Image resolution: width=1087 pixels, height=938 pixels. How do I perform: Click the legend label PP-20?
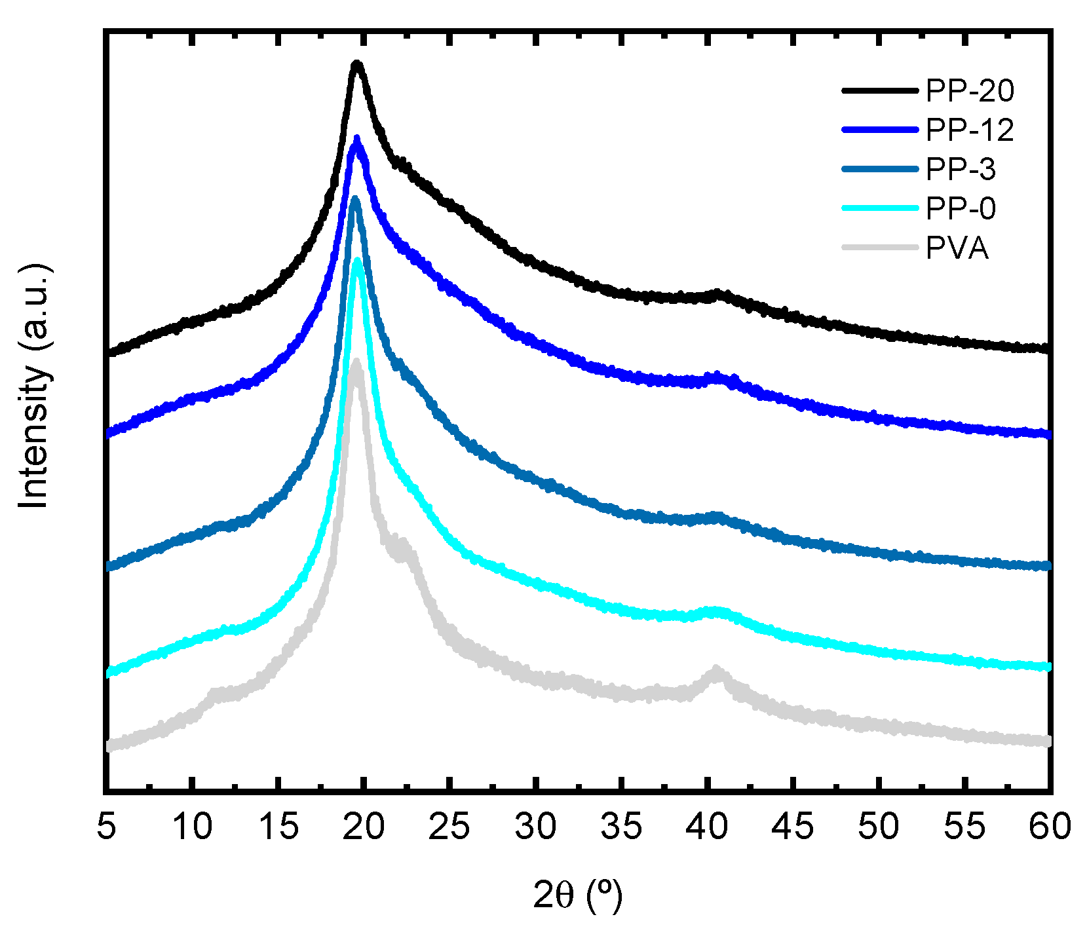969,91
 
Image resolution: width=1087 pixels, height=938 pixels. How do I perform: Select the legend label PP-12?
969,130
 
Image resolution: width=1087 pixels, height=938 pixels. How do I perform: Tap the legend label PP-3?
960,170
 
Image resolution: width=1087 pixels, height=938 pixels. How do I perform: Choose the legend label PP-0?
960,209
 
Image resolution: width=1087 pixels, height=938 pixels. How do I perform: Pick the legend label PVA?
957,248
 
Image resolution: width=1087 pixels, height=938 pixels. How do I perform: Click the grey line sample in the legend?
880,248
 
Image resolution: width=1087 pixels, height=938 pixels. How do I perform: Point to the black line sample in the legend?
880,91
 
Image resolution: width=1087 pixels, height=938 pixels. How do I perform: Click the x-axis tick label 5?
106,826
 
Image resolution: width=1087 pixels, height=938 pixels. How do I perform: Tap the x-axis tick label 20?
364,826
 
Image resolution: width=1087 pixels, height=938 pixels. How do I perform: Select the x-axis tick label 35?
621,826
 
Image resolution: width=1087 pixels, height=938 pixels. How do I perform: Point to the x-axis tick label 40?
707,826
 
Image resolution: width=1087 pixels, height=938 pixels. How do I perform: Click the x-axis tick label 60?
1050,826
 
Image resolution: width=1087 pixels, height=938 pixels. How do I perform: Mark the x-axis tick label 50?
879,826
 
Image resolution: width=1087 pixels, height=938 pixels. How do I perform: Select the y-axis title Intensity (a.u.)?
34,386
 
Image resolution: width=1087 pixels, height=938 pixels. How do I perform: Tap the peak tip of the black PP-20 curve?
357,64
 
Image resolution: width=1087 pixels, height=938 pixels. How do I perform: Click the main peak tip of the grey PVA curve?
356,361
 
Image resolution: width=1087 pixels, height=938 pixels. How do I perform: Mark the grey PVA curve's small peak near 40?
715,669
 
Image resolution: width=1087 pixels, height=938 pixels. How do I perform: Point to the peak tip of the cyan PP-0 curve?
358,261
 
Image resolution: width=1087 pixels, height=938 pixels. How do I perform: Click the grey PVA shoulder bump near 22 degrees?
402,542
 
